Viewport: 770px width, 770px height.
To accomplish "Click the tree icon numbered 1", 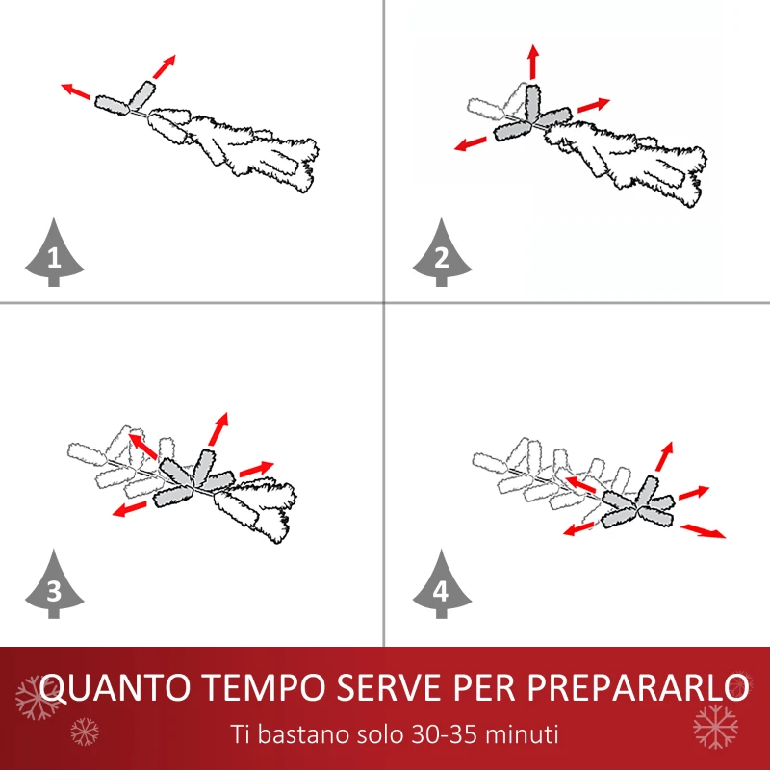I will [x=53, y=253].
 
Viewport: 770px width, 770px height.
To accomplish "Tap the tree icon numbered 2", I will [x=441, y=253].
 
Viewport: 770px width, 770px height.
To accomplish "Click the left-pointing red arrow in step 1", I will [x=76, y=91].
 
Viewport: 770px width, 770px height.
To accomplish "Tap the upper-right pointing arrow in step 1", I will [x=165, y=65].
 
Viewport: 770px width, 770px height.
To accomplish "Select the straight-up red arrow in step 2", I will [x=532, y=62].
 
